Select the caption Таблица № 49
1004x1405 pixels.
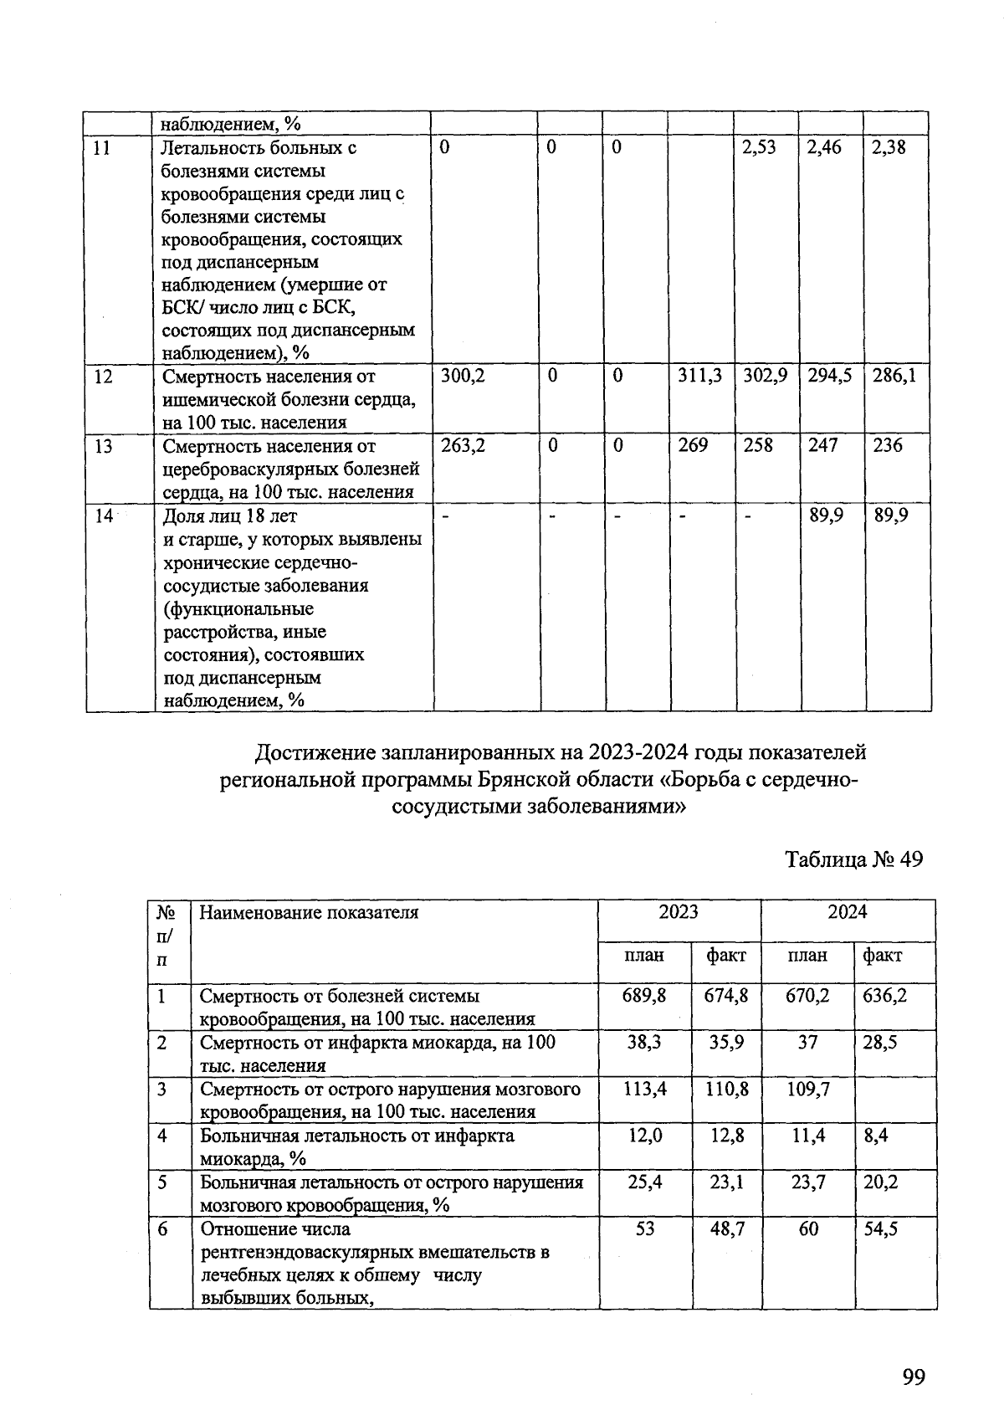853,859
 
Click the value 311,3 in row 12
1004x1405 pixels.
700,377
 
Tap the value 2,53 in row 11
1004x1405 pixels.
759,148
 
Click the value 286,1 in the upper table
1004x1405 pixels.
894,377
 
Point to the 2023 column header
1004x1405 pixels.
679,912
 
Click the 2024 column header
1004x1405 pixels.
848,912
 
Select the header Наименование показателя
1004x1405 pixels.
309,913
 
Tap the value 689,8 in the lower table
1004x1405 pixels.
644,997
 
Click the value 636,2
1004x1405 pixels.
884,997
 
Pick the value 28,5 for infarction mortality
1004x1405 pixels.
879,1043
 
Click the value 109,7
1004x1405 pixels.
807,1090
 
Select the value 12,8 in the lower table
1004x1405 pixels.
725,1136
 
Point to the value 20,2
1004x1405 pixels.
879,1182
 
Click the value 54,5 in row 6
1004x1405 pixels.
880,1229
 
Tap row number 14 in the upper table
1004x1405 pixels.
104,516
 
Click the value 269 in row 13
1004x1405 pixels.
693,446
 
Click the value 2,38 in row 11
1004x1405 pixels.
889,148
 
